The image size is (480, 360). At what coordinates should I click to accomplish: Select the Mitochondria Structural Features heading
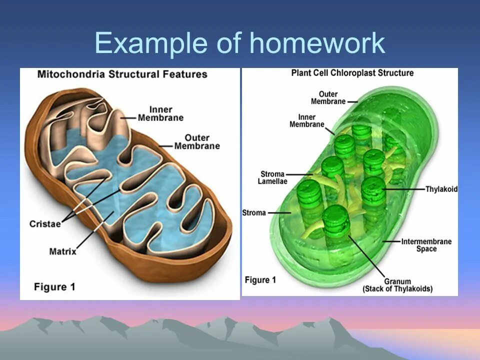pyautogui.click(x=122, y=74)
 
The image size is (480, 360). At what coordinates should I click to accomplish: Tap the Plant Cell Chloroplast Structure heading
pyautogui.click(x=352, y=73)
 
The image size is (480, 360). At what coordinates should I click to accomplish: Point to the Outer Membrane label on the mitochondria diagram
pyautogui.click(x=196, y=141)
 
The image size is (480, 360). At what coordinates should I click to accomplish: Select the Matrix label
pyautogui.click(x=62, y=251)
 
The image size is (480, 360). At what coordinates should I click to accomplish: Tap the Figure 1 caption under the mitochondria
pyautogui.click(x=54, y=286)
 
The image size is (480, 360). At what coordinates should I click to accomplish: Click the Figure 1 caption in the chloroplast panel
pyautogui.click(x=260, y=280)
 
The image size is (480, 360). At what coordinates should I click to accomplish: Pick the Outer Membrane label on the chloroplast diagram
pyautogui.click(x=328, y=97)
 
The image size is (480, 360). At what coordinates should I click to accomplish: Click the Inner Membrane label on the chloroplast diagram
pyautogui.click(x=307, y=120)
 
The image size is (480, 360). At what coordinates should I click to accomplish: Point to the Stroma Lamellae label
pyautogui.click(x=272, y=177)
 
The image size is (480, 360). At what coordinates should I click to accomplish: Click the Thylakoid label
pyautogui.click(x=441, y=189)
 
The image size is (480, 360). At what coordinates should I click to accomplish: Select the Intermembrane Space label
pyautogui.click(x=426, y=245)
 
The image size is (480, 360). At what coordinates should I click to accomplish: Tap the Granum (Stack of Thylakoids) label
pyautogui.click(x=397, y=285)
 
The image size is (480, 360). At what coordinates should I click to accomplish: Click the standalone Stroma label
pyautogui.click(x=254, y=212)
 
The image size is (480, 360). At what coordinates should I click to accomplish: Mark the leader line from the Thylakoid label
pyautogui.click(x=405, y=189)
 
